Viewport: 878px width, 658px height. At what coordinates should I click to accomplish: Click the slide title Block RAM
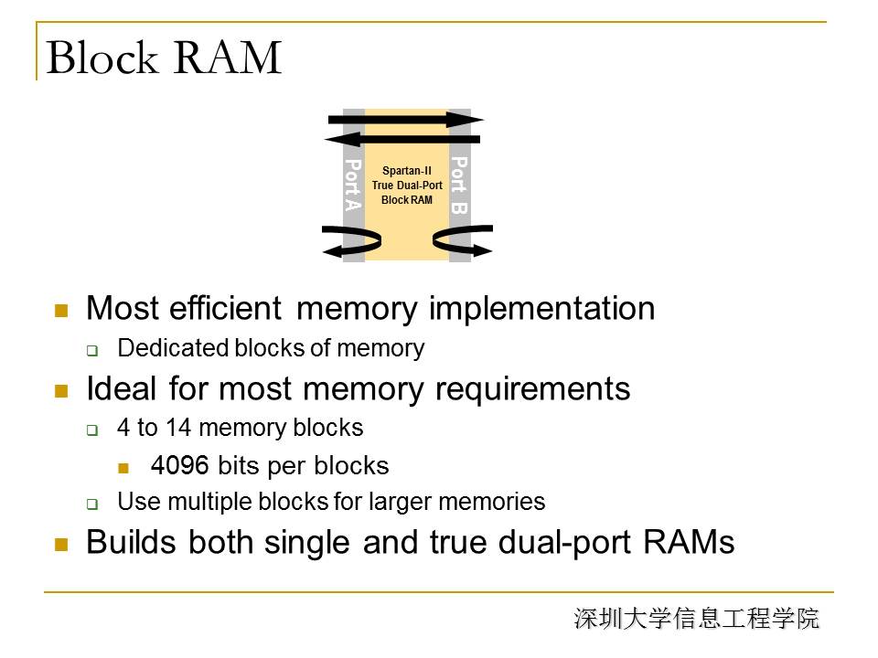[x=164, y=58]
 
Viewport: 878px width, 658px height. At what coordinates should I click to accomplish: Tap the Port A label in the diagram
[x=353, y=186]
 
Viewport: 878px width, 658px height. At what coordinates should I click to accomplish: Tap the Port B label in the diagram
[x=460, y=186]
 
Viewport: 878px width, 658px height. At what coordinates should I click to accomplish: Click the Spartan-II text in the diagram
[x=407, y=171]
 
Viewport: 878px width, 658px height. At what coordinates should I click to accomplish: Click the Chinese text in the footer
[x=697, y=619]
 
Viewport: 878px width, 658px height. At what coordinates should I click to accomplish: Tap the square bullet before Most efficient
[x=62, y=311]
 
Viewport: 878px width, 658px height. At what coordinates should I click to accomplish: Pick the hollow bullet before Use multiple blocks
[x=91, y=504]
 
